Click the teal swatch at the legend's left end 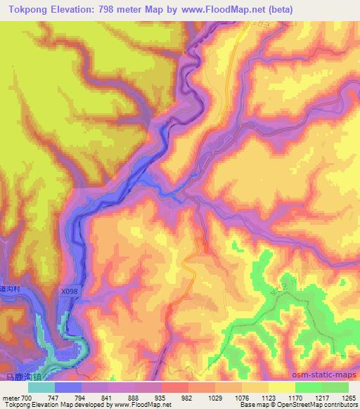41,387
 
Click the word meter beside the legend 12,397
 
